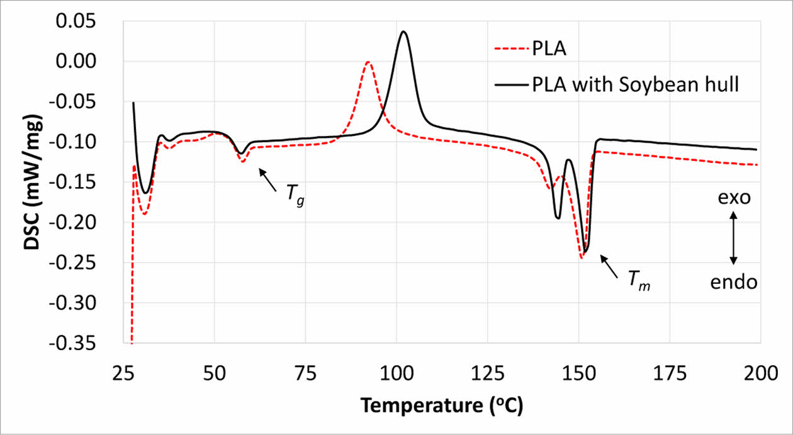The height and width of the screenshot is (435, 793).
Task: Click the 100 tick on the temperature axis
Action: click(396, 374)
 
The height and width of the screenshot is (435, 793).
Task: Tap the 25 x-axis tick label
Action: click(124, 374)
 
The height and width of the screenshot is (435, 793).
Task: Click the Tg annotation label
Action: click(295, 196)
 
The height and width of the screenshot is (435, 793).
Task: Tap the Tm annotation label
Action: click(639, 281)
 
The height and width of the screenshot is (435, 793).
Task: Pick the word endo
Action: click(734, 283)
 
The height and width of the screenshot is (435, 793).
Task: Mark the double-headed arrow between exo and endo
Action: click(733, 239)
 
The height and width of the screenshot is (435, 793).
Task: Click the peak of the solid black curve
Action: click(403, 32)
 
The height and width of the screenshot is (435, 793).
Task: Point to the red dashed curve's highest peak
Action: click(368, 62)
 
